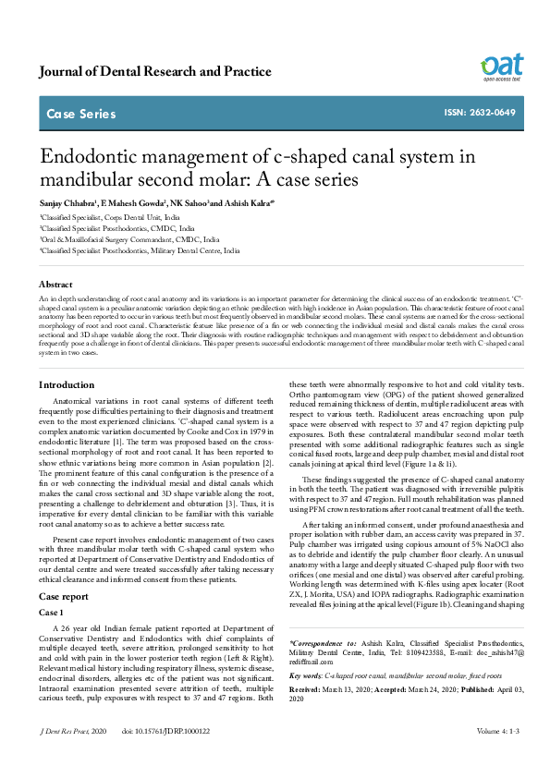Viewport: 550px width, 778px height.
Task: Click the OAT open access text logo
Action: pos(501,67)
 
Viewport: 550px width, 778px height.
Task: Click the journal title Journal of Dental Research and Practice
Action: pos(155,71)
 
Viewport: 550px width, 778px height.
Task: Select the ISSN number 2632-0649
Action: pos(480,113)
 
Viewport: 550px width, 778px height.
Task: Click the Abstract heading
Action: pos(55,285)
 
